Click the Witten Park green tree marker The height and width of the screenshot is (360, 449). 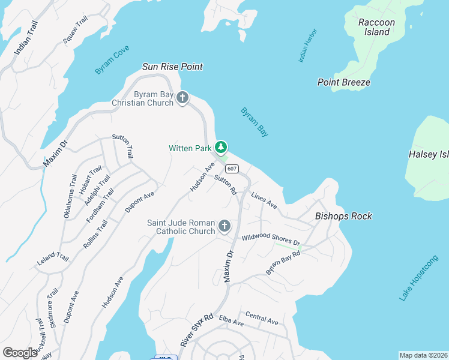[221, 147]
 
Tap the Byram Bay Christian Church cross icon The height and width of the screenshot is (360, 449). [182, 98]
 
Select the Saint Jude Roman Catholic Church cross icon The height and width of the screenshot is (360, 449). [224, 226]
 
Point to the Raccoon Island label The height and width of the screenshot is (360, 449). [376, 27]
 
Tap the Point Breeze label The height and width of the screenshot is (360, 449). [344, 82]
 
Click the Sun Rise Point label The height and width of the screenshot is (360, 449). [172, 67]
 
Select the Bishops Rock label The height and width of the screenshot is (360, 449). [344, 216]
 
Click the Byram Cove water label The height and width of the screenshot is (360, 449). [112, 62]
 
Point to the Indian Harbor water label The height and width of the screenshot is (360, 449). [307, 46]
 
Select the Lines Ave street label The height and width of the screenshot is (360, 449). [264, 201]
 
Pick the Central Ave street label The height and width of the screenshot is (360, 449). [262, 318]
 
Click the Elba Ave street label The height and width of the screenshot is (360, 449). [231, 321]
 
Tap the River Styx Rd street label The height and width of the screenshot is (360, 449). [196, 329]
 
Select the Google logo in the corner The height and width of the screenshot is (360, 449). [20, 352]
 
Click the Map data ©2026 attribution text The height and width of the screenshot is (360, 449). [423, 355]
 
